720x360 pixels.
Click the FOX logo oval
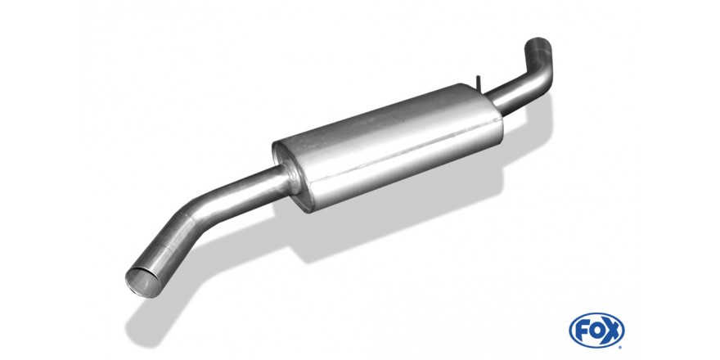tap(596, 330)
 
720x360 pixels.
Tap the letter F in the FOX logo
tap(583, 331)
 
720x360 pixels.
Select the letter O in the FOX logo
tap(596, 331)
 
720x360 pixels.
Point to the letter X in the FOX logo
tap(611, 331)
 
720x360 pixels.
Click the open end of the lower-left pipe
tap(143, 281)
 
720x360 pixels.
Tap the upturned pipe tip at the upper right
tap(538, 44)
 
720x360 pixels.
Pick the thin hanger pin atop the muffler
tap(478, 83)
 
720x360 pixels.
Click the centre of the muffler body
tap(388, 147)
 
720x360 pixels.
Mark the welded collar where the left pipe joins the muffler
tap(290, 176)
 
